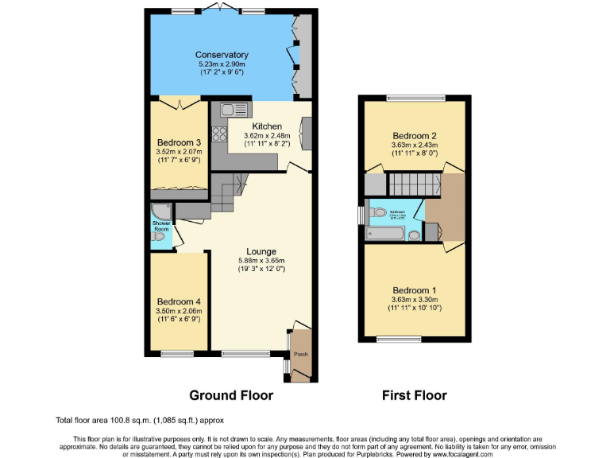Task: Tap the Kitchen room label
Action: [267, 126]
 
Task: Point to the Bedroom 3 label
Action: [179, 142]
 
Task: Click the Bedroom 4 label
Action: [179, 301]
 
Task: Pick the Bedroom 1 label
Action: [414, 289]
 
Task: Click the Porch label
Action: [301, 355]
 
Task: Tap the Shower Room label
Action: [161, 226]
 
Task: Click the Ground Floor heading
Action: [230, 395]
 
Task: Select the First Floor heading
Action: [414, 395]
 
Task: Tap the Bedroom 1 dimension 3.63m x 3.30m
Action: [414, 299]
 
